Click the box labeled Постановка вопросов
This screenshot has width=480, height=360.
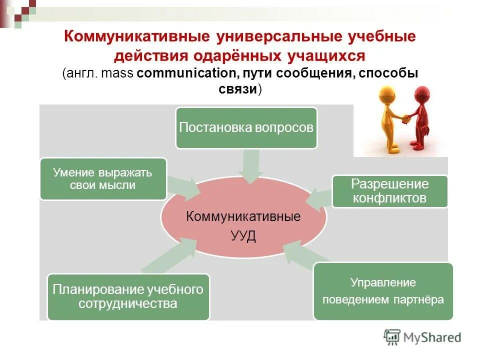[246, 127]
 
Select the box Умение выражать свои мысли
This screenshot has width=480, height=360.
[103, 179]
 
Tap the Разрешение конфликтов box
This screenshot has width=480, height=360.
[389, 191]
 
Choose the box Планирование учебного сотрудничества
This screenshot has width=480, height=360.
[128, 297]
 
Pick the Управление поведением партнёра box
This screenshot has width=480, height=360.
[382, 291]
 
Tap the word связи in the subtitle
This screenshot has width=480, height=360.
[238, 89]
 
